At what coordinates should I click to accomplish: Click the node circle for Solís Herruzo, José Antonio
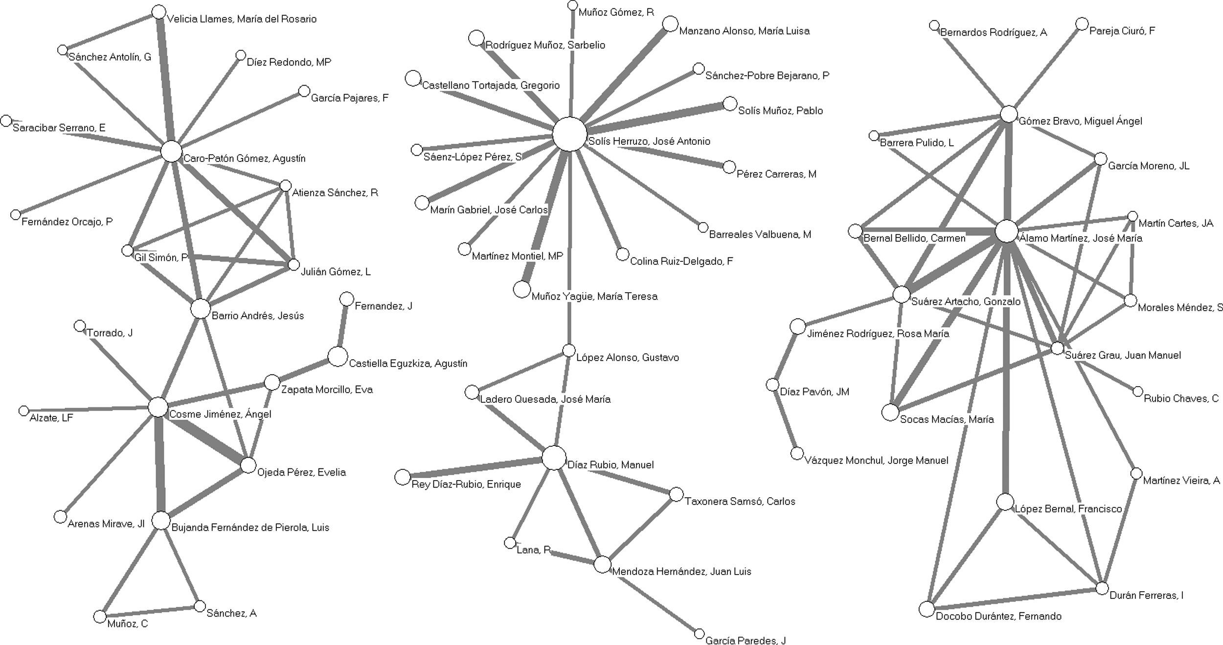tap(569, 134)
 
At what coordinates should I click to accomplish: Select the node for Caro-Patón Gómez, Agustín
tap(171, 151)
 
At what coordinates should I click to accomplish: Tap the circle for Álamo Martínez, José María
tap(1007, 231)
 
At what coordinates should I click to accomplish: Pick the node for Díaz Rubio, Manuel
tap(554, 458)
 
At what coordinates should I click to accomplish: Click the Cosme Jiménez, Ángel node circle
tap(158, 407)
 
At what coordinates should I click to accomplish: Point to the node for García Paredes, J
tap(699, 634)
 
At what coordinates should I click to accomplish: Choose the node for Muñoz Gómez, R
tap(572, 5)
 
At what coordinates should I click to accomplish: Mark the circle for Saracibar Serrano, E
tap(6, 120)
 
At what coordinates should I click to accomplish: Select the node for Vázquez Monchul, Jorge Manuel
tap(797, 454)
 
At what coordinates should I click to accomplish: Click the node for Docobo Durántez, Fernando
tap(927, 609)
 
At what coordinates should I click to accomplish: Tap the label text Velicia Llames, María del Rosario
tap(242, 19)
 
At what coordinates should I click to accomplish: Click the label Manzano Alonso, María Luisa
tap(744, 31)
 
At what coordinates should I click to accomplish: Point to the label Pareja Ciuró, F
tap(1122, 31)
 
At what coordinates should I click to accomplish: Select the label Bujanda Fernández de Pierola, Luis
tap(250, 528)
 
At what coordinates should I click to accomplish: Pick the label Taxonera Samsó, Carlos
tap(740, 501)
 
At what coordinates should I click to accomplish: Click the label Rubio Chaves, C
tap(1181, 398)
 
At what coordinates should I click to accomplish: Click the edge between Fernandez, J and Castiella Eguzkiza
tap(342, 327)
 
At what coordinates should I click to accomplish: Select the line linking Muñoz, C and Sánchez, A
tap(150, 611)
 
